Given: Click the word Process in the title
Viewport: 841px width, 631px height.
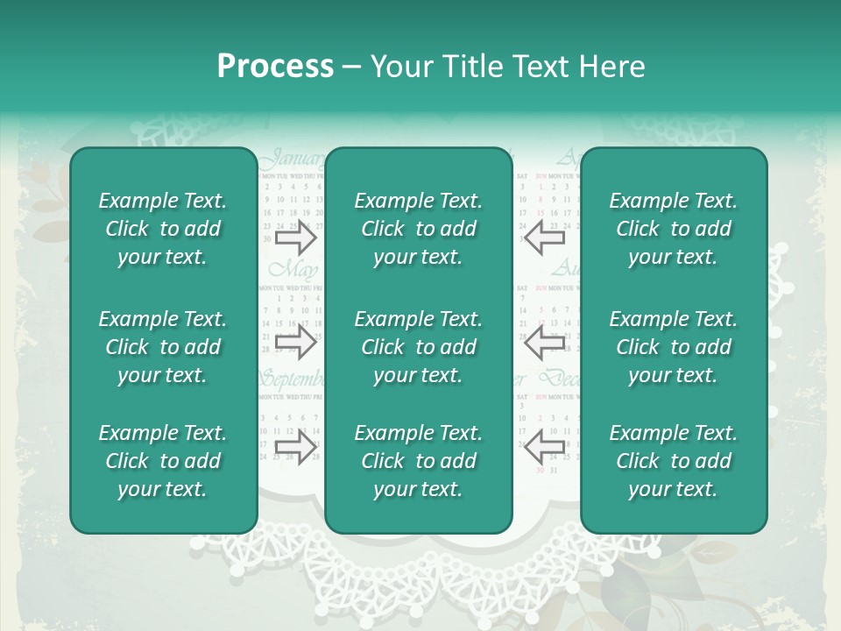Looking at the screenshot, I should pyautogui.click(x=275, y=67).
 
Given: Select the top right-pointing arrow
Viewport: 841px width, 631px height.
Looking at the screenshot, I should pyautogui.click(x=295, y=238).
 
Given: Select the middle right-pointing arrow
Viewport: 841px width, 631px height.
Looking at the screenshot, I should pyautogui.click(x=295, y=343).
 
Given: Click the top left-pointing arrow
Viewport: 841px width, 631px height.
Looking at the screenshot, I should pyautogui.click(x=544, y=238).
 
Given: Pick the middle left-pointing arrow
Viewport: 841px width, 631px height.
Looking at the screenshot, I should pyautogui.click(x=544, y=343).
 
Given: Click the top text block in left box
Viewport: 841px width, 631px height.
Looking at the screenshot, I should pyautogui.click(x=163, y=229).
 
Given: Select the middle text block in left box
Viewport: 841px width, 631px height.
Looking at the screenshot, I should pyautogui.click(x=163, y=347).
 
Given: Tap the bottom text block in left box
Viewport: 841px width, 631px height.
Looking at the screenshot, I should pyautogui.click(x=163, y=461).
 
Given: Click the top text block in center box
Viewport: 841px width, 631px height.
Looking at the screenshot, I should pyautogui.click(x=418, y=229).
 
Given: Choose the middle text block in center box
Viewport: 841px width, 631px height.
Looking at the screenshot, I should pyautogui.click(x=418, y=347).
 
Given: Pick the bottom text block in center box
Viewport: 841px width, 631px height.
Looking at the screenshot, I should pyautogui.click(x=418, y=461).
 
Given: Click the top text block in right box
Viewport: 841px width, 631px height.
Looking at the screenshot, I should pyautogui.click(x=673, y=229).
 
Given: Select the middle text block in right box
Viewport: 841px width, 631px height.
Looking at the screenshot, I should pyautogui.click(x=673, y=347).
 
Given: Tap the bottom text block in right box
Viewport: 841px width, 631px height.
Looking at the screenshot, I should pyautogui.click(x=673, y=461).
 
